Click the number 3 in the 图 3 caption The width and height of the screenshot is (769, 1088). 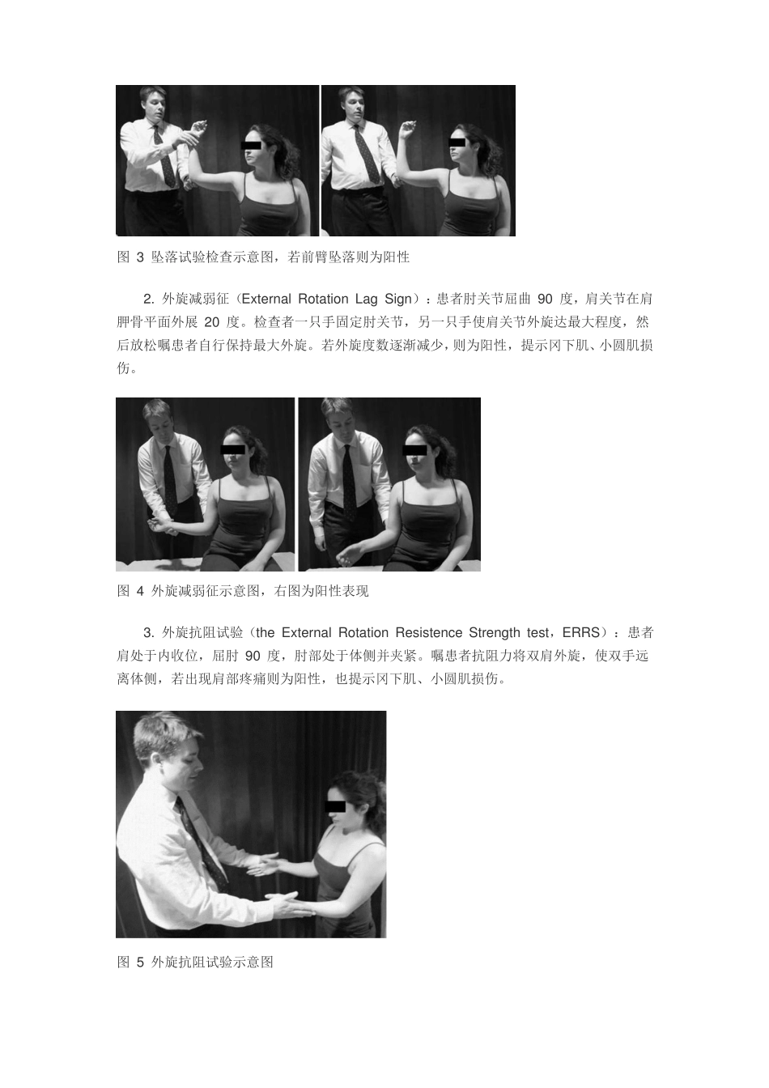[140, 257]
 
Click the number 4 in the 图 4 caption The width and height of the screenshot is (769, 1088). [140, 591]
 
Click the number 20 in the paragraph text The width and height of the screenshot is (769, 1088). [212, 322]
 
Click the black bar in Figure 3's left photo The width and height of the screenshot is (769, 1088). [251, 145]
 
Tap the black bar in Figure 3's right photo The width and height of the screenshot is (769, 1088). [457, 142]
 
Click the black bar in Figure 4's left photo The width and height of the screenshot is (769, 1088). [232, 449]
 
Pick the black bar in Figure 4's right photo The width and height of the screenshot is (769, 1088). [414, 450]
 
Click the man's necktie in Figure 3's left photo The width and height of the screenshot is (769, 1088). [164, 156]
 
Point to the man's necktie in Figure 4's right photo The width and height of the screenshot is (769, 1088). [349, 483]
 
